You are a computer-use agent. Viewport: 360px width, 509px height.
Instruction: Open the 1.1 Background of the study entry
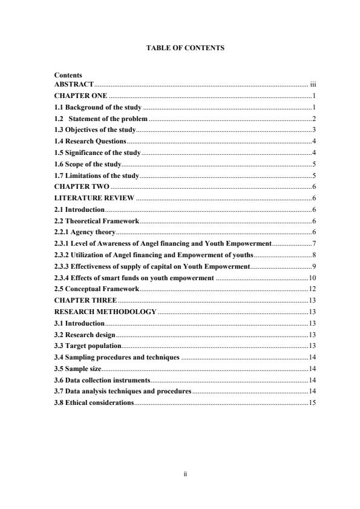(x=97, y=107)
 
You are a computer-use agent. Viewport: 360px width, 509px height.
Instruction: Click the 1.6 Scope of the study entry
(x=88, y=163)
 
